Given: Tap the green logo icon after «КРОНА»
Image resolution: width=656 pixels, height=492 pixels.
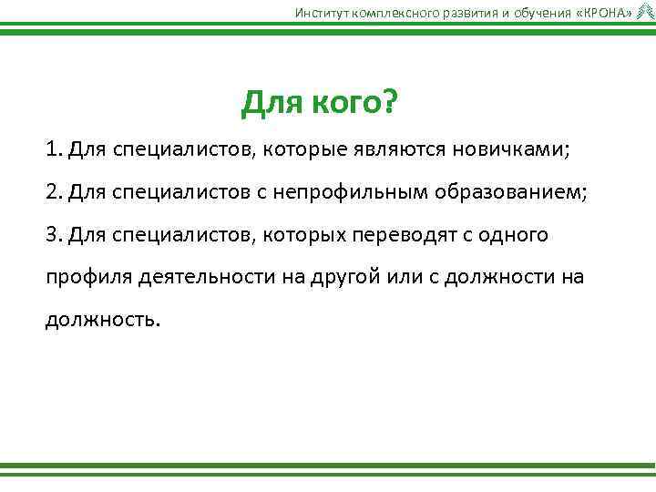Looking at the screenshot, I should pyautogui.click(x=645, y=11).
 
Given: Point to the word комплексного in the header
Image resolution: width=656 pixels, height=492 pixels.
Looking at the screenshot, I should pyautogui.click(x=386, y=11).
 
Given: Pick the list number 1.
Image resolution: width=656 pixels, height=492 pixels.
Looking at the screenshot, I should pyautogui.click(x=52, y=149).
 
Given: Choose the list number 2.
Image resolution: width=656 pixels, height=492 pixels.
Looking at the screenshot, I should pyautogui.click(x=52, y=192).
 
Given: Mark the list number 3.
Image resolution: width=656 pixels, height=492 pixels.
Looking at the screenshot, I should pyautogui.click(x=52, y=235).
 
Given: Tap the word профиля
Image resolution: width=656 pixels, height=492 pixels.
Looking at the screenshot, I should pyautogui.click(x=88, y=278).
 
